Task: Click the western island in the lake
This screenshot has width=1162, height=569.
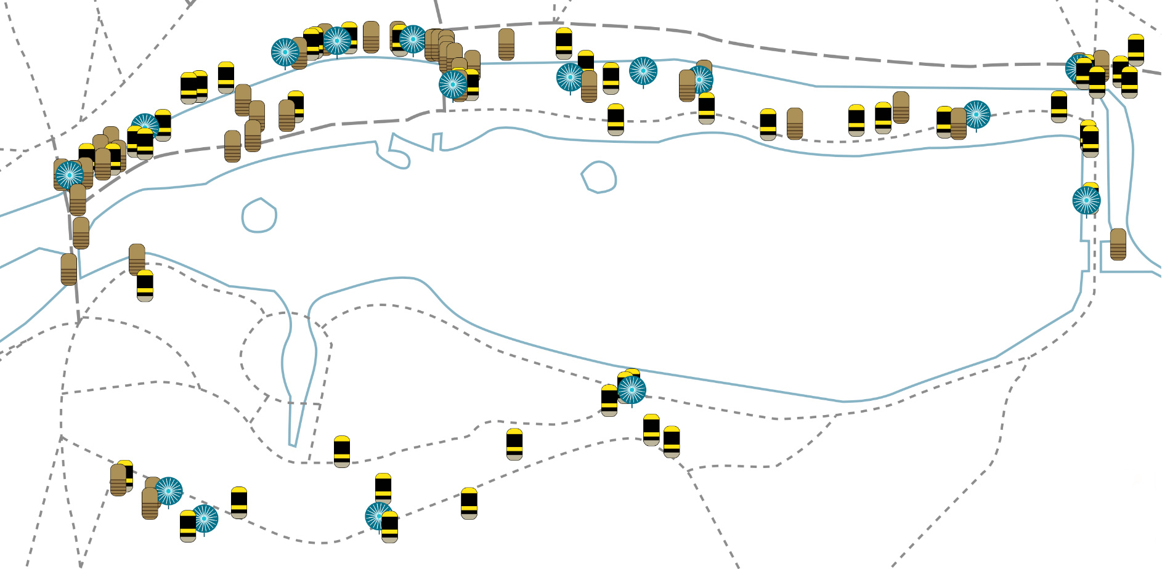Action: tap(259, 216)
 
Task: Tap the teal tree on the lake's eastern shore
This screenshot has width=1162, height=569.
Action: tap(1086, 200)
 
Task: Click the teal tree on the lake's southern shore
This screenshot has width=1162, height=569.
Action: tap(632, 389)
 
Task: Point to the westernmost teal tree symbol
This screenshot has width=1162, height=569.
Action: tap(70, 175)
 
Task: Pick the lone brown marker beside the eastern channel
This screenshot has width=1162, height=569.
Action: tap(1118, 244)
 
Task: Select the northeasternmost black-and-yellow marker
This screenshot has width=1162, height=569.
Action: tap(1136, 50)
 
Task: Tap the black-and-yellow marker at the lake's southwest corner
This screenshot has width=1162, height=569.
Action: tap(145, 285)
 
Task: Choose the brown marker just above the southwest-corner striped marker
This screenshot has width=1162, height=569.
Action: tap(137, 259)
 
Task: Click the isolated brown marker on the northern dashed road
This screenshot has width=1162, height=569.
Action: tap(506, 44)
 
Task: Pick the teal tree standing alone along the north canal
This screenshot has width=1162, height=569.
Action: tap(643, 71)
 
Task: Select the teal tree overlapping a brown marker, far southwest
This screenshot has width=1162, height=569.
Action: tap(168, 491)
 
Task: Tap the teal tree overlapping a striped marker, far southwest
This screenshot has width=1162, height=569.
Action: tap(204, 519)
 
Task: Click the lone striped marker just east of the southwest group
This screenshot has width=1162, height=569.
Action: tap(239, 502)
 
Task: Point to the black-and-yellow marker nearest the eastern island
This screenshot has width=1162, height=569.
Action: tap(616, 119)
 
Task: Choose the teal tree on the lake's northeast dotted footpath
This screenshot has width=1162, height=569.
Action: tap(976, 115)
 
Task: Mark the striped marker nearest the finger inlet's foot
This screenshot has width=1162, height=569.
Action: tap(342, 451)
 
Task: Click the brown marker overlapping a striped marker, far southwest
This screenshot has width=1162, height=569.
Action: tap(118, 480)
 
